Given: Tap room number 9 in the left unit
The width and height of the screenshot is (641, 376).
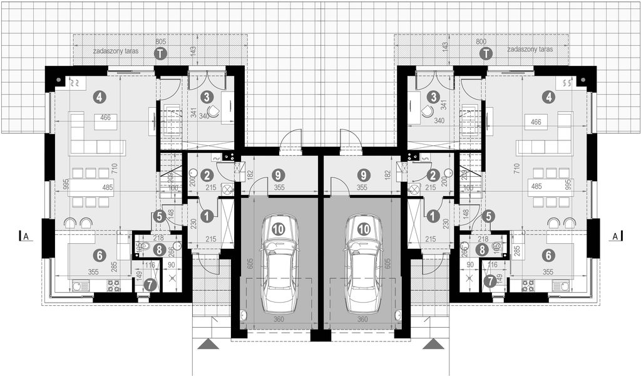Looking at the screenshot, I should pyautogui.click(x=277, y=176).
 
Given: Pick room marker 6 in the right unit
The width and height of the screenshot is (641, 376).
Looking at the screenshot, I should pyautogui.click(x=548, y=255).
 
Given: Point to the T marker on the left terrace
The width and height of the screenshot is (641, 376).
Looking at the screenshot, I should pyautogui.click(x=161, y=54).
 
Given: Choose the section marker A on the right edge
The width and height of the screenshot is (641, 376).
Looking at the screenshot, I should pyautogui.click(x=615, y=236).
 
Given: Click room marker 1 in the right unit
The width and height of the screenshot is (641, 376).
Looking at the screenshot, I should pyautogui.click(x=433, y=215).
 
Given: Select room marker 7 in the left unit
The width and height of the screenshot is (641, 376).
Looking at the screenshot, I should pyautogui.click(x=148, y=284).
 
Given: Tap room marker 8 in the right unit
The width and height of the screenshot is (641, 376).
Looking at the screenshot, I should pyautogui.click(x=481, y=249).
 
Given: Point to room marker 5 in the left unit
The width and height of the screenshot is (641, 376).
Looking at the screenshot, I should pyautogui.click(x=159, y=216).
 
